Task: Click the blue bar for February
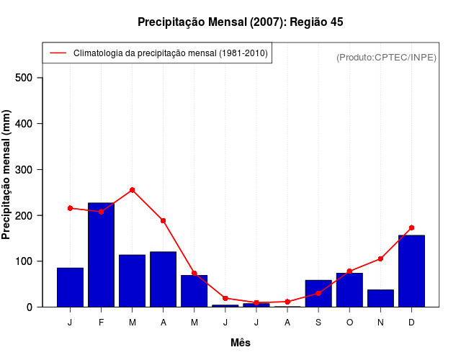pyautogui.click(x=101, y=255)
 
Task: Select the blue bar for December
pyautogui.click(x=411, y=271)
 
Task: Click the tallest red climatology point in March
pyautogui.click(x=132, y=190)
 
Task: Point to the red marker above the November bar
pyautogui.click(x=380, y=258)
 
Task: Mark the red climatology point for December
pyautogui.click(x=411, y=228)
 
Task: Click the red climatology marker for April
pyautogui.click(x=164, y=220)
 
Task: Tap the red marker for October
pyautogui.click(x=349, y=271)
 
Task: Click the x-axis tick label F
pyautogui.click(x=101, y=323)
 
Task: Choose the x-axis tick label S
pyautogui.click(x=318, y=323)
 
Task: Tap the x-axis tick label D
pyautogui.click(x=411, y=323)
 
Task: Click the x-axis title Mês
pyautogui.click(x=241, y=343)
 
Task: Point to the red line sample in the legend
pyautogui.click(x=58, y=53)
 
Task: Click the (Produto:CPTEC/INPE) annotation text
pyautogui.click(x=386, y=57)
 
